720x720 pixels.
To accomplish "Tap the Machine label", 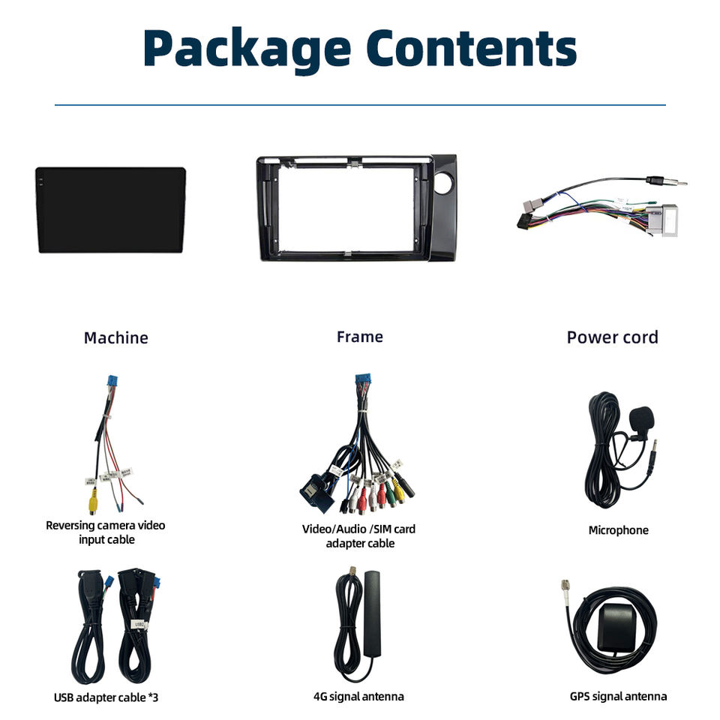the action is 115,337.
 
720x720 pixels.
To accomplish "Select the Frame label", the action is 360,337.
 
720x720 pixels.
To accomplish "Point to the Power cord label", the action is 612,337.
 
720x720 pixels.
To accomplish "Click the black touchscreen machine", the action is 110,209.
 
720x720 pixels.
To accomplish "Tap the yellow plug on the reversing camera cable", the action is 89,505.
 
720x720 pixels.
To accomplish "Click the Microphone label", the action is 618,530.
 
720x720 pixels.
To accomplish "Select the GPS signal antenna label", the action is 618,696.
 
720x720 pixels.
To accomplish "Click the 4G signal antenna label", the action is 358,696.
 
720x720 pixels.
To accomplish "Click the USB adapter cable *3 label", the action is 106,697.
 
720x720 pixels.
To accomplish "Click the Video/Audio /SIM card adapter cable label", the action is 358,535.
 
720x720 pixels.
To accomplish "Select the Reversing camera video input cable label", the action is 105,532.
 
